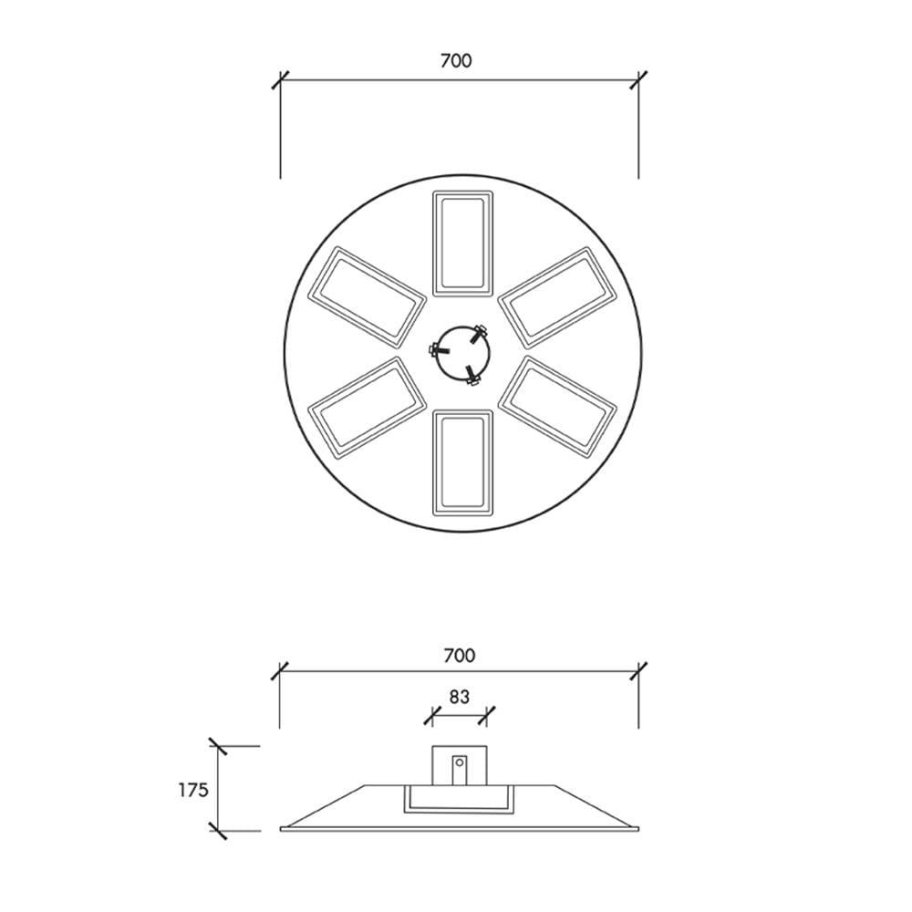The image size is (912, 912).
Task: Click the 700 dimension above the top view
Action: (x=456, y=60)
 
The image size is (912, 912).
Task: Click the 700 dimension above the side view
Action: (x=460, y=656)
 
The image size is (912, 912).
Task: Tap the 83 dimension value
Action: (x=460, y=696)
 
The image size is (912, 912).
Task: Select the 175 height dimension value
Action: (x=193, y=790)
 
